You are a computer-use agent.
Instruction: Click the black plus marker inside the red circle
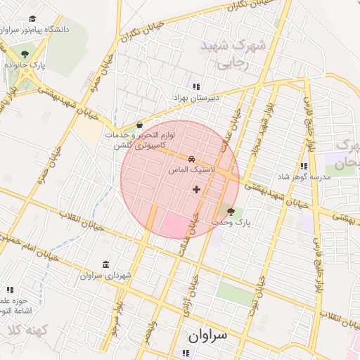pos(196,188)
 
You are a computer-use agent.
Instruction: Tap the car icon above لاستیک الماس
pos(192,159)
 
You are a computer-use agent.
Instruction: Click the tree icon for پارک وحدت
pos(231,211)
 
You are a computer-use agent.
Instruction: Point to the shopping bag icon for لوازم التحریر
pos(139,124)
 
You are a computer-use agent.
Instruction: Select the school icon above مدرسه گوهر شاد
pos(304,166)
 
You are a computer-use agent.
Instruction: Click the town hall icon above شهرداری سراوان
pos(105,264)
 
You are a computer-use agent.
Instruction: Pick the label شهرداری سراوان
pos(106,276)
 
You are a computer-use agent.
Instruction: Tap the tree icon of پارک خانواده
pos(25,54)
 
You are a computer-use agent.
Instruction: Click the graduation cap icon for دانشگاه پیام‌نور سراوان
pos(32,20)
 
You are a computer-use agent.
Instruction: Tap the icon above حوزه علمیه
pos(10,289)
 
